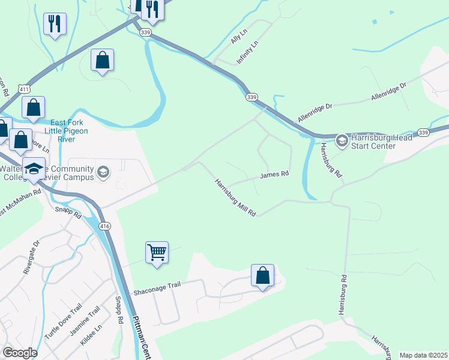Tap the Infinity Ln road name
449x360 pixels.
247,53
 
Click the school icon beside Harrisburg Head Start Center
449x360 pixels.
342,141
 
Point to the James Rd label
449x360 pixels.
274,175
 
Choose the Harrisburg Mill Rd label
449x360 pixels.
236,198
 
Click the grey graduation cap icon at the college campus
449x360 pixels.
103,173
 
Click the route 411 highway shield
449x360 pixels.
23,89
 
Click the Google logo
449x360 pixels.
20,353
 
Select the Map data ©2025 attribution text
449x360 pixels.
423,355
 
